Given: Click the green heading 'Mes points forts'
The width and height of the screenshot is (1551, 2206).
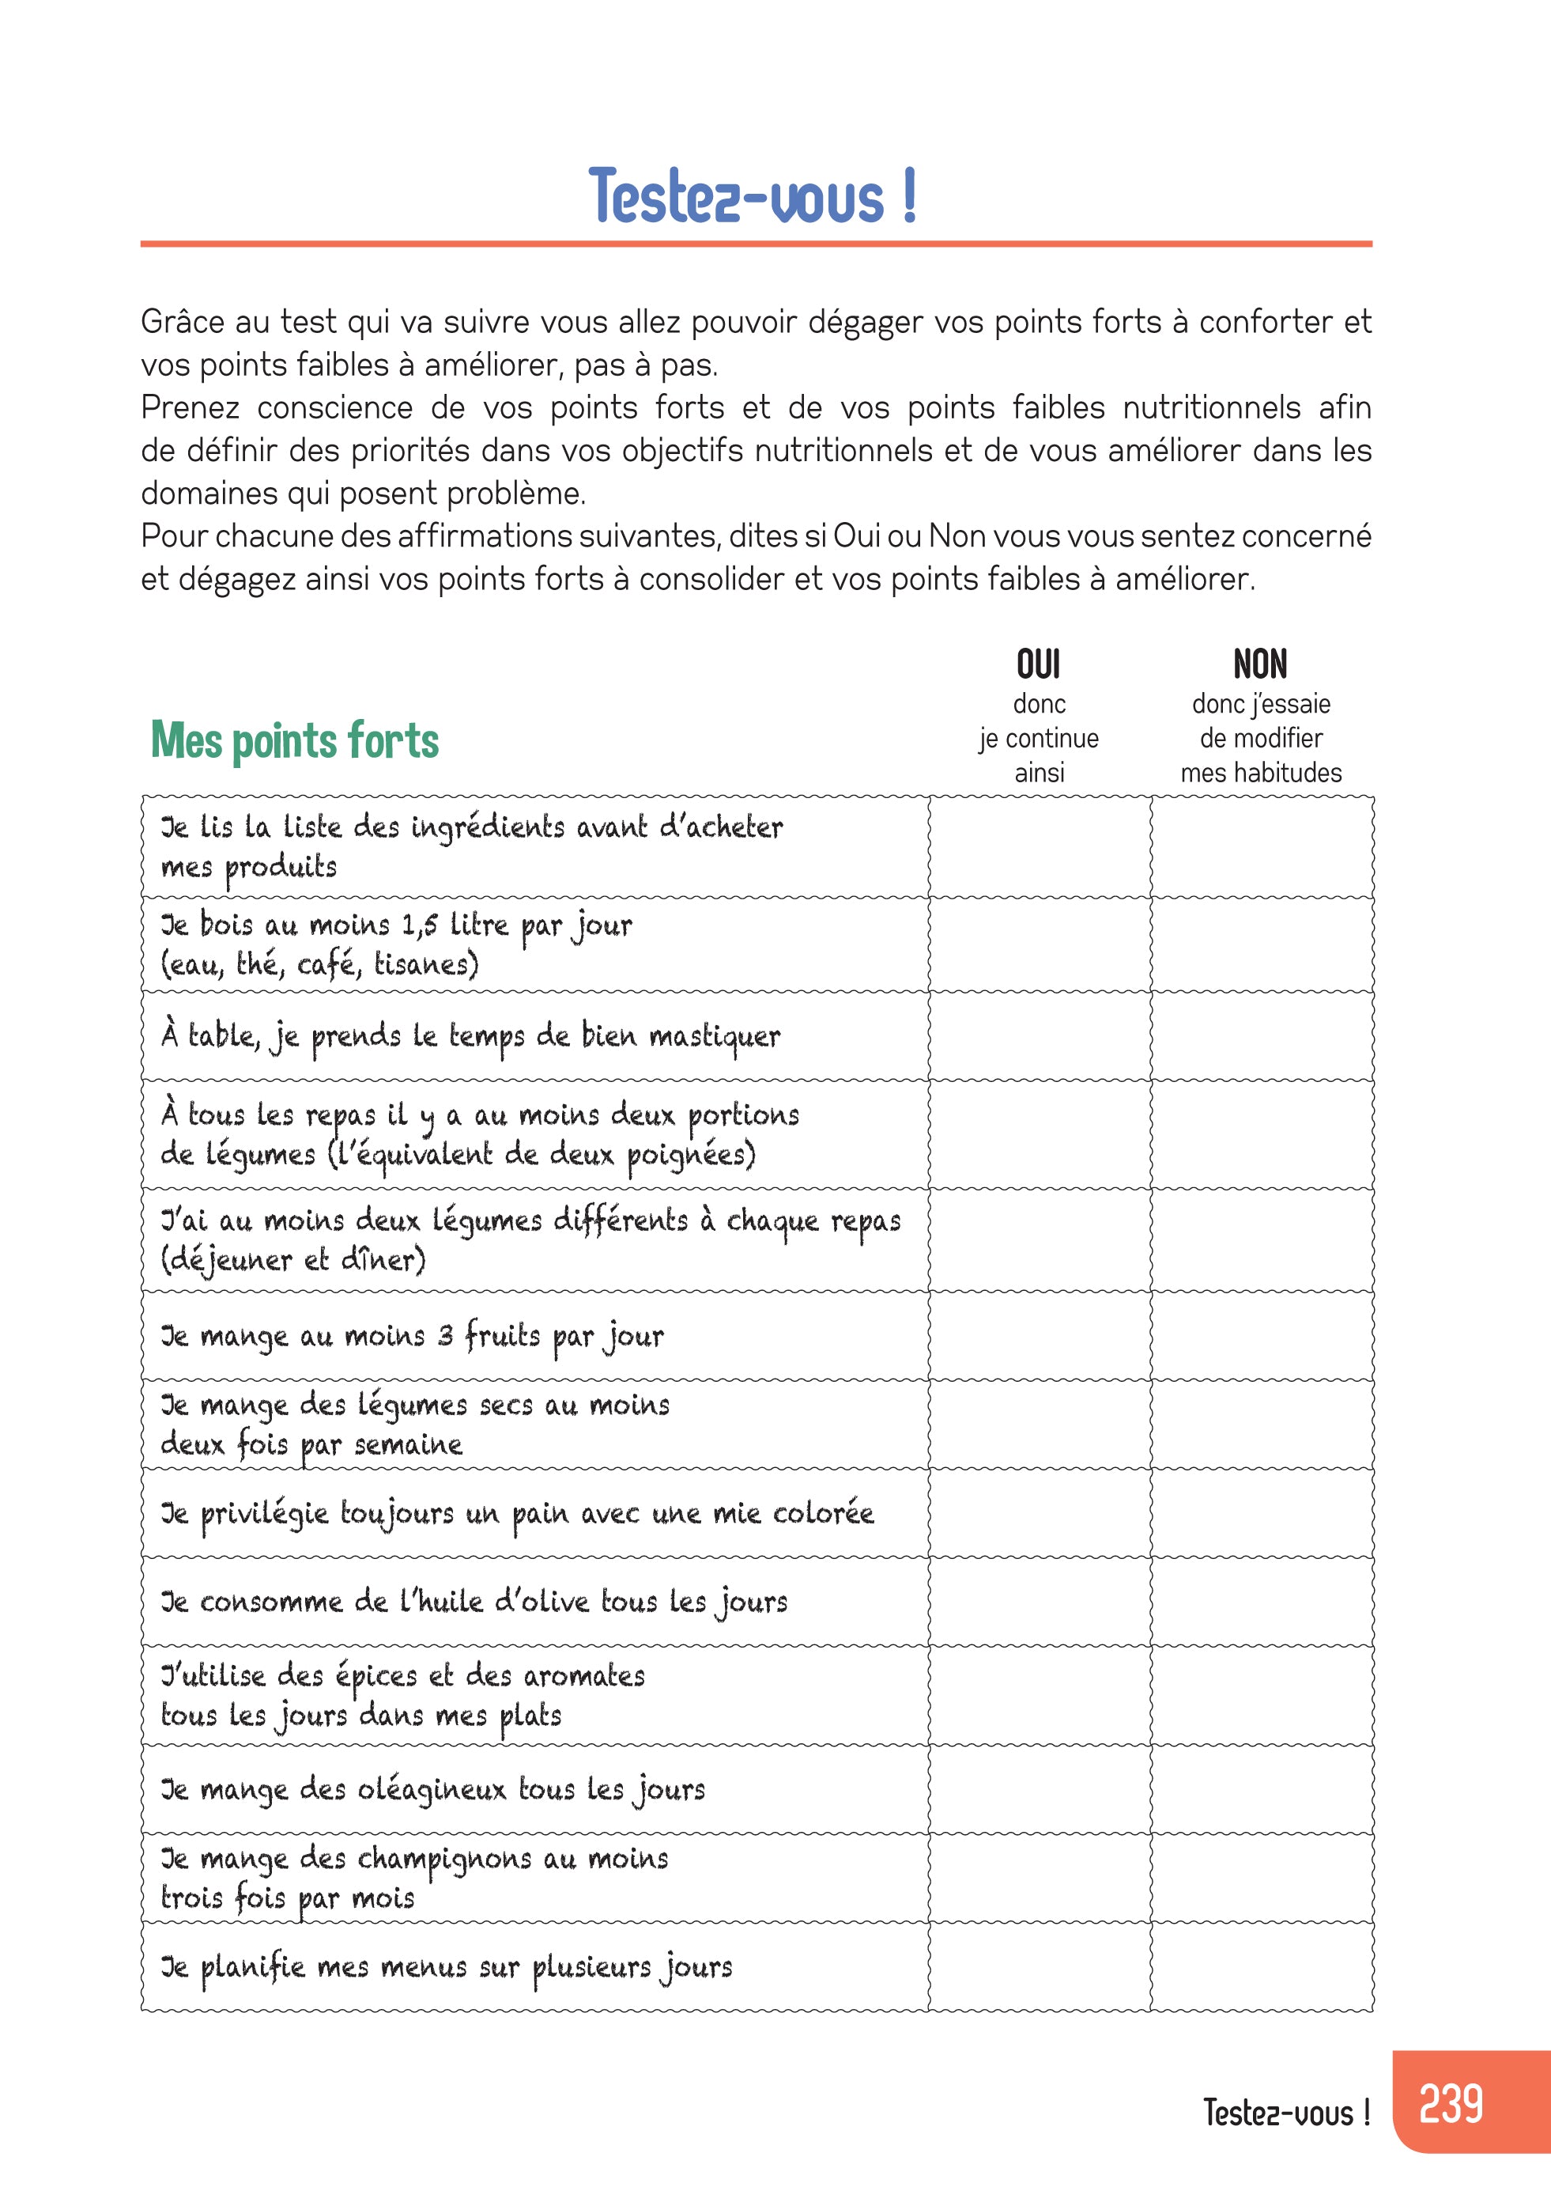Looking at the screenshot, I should click(x=295, y=741).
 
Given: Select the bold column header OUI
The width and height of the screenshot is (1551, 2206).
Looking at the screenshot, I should click(x=1038, y=665).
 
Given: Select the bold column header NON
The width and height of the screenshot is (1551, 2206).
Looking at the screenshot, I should click(x=1260, y=665).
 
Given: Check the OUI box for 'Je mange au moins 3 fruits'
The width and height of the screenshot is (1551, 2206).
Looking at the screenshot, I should click(x=1040, y=1335).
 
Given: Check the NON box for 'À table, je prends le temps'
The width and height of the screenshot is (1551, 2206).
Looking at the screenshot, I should click(x=1262, y=1035).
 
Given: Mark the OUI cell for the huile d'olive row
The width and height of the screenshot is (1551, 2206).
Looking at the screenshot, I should click(x=1040, y=1602).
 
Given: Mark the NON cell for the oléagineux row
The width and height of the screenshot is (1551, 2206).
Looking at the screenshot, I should click(x=1262, y=1789).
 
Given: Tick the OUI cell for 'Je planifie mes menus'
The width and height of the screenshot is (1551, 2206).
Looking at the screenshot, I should click(x=1040, y=1967).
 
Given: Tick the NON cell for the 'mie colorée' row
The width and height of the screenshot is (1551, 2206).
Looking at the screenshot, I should click(x=1262, y=1513).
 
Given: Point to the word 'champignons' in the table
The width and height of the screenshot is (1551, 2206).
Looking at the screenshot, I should click(x=444, y=1860).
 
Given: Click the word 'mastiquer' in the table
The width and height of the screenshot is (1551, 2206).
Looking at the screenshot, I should click(x=715, y=1037).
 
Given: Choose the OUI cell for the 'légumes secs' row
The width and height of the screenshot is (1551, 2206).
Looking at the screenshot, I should click(x=1040, y=1424).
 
